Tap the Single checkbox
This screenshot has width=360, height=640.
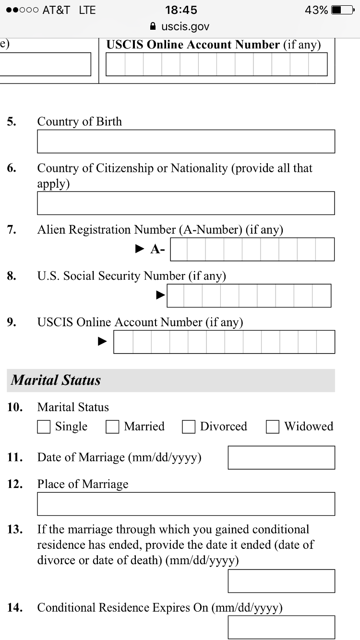point(44,427)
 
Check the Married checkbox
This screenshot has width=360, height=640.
point(112,427)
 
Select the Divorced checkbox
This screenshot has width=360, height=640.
point(189,427)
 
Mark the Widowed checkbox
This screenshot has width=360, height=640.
point(273,427)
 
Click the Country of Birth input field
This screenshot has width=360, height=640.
point(186,142)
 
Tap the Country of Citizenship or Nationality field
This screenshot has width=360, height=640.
point(186,203)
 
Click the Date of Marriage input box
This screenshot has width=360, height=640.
point(281,457)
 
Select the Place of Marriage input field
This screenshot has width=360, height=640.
point(186,504)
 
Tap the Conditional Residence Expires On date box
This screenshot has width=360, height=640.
point(281,627)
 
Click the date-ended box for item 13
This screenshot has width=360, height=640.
point(281,581)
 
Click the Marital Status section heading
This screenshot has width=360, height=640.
point(56,380)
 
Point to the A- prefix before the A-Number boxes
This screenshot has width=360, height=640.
point(157,249)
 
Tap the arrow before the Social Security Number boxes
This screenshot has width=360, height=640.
point(161,295)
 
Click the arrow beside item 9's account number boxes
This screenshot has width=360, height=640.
point(102,341)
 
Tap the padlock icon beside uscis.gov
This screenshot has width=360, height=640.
point(153,26)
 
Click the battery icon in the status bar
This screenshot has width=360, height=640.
point(342,10)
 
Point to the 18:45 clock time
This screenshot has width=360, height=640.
point(181,10)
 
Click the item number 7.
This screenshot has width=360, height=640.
point(12,230)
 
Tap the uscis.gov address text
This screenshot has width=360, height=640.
point(185,26)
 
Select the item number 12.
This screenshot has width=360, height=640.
point(14,484)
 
